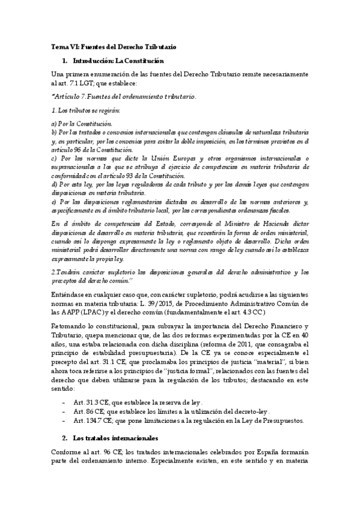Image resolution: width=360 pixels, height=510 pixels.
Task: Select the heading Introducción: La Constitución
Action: point(118,61)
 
